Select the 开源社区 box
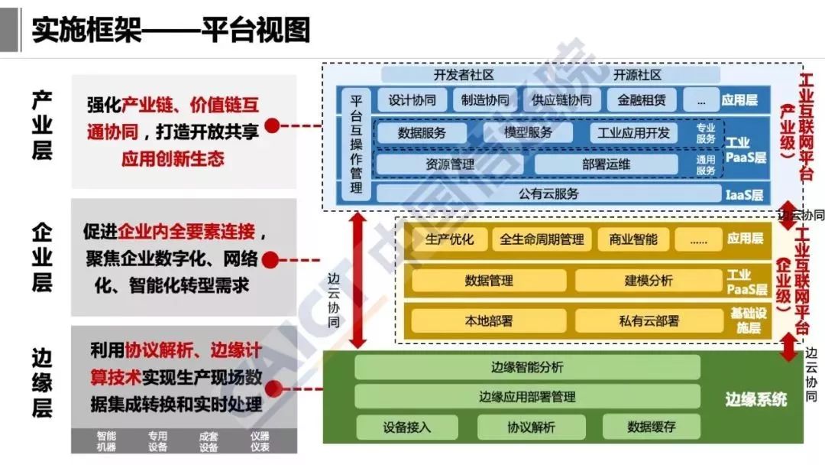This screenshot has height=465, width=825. tap(637, 75)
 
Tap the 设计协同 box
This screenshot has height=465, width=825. tap(412, 100)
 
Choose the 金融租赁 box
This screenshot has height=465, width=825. tap(637, 100)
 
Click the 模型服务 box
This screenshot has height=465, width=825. tap(528, 132)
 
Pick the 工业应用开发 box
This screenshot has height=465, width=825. tap(633, 133)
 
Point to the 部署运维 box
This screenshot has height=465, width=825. tap(607, 164)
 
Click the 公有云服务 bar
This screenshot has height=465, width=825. tap(548, 193)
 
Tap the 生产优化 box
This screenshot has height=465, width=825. tap(449, 239)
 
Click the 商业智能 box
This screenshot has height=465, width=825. tap(633, 239)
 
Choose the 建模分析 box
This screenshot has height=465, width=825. tap(649, 281)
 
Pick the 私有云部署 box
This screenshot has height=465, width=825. tap(649, 320)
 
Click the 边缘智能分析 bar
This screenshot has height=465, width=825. tap(527, 367)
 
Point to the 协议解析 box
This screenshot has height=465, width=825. tap(532, 427)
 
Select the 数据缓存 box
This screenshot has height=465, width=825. tap(652, 427)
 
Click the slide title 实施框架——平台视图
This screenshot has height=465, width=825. tap(171, 30)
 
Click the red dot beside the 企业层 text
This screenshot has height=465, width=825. tap(270, 260)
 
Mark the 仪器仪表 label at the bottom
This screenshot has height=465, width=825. tap(260, 441)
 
